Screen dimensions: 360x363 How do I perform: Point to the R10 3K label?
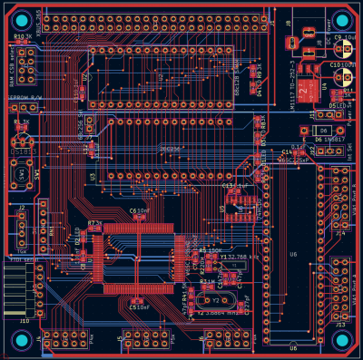(23, 37)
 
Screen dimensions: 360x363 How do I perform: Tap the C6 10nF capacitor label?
(138, 210)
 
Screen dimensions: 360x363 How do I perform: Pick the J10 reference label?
(24, 321)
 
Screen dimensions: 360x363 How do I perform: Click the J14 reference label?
(339, 233)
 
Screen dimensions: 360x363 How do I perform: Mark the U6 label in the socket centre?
(293, 254)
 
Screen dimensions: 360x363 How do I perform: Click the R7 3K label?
(94, 221)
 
